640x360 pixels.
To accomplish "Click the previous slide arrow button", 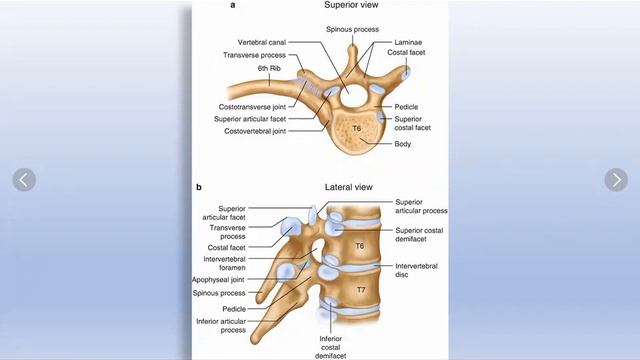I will coord(24,180).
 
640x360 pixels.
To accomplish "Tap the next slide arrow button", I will coord(616,180).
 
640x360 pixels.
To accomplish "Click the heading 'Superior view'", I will coord(350,5).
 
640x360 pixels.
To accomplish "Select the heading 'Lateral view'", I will coord(348,187).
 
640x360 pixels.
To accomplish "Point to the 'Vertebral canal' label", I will coord(265,43).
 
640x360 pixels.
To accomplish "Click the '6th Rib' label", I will coord(269,69).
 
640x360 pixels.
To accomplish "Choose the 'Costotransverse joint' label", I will coord(251,106).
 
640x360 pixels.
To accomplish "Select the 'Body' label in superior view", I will coord(403,143).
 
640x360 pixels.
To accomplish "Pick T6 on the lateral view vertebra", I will coord(360,245).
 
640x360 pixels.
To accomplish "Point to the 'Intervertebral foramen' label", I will coord(219,261).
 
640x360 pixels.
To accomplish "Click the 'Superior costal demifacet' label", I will coord(421,236).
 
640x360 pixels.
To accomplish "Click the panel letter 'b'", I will coord(199,187).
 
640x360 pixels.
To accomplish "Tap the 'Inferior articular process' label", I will coord(219,326).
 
